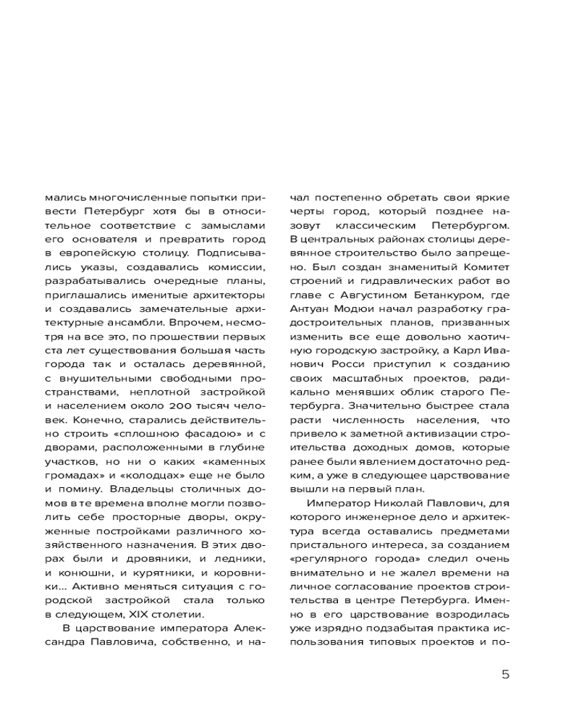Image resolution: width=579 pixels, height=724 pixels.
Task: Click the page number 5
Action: tap(505, 675)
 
